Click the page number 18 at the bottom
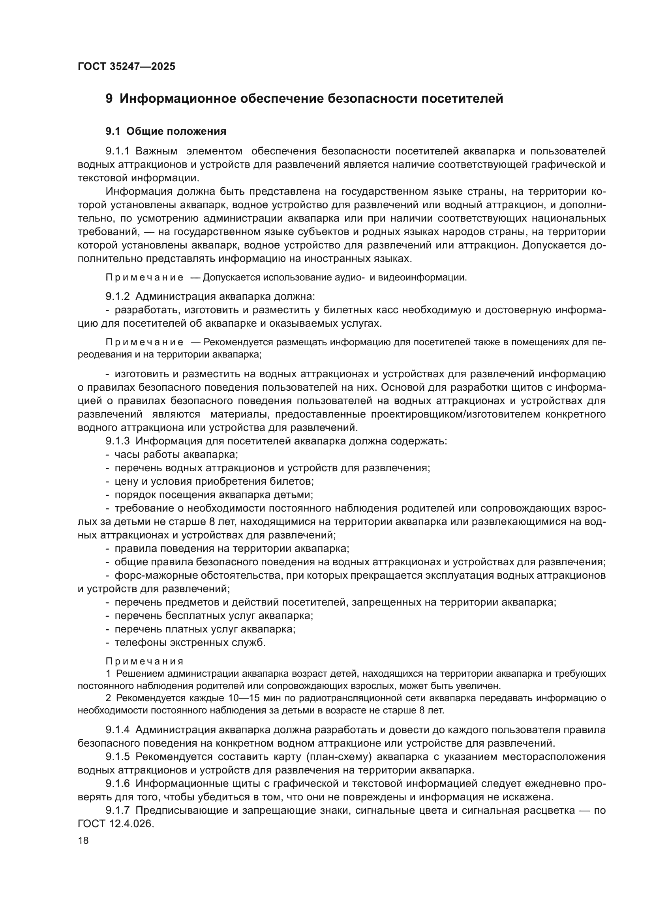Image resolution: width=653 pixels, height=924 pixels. pyautogui.click(x=83, y=840)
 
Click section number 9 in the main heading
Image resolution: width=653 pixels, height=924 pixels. pyautogui.click(x=109, y=99)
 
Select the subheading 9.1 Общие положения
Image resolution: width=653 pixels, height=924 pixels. pyautogui.click(x=166, y=131)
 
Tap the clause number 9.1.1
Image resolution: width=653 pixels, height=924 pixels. pyautogui.click(x=117, y=151)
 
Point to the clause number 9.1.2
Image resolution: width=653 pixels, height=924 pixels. pyautogui.click(x=117, y=297)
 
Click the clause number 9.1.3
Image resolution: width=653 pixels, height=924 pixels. pyautogui.click(x=117, y=441)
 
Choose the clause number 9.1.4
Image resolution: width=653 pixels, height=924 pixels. pyautogui.click(x=117, y=730)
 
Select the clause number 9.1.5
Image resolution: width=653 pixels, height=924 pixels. pyautogui.click(x=117, y=757)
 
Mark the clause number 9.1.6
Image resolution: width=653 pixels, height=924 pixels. pyautogui.click(x=117, y=783)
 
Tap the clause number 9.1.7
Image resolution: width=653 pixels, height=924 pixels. pyautogui.click(x=117, y=811)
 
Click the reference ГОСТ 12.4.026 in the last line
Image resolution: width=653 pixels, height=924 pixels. pyautogui.click(x=115, y=824)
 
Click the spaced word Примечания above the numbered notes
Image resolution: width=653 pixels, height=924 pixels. pyautogui.click(x=144, y=662)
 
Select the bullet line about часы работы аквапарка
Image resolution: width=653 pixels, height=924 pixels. pyautogui.click(x=176, y=455)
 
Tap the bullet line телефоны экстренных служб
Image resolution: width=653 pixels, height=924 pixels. pyautogui.click(x=190, y=643)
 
